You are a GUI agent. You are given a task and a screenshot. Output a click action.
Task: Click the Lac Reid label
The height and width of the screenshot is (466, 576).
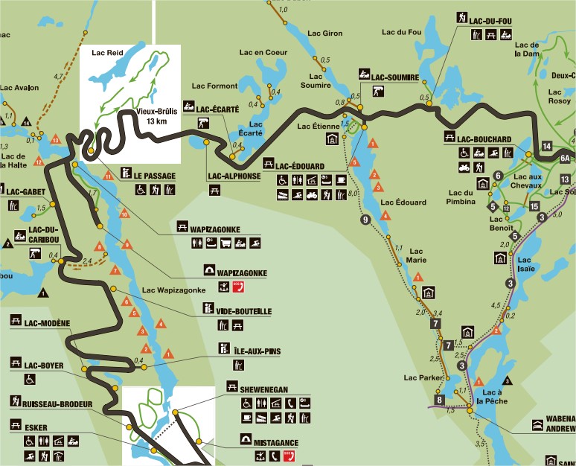tap(106, 53)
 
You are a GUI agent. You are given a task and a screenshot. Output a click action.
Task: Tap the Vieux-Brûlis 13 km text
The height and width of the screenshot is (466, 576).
tap(152, 116)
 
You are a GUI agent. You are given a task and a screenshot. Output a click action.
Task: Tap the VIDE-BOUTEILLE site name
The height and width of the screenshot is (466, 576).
tap(244, 311)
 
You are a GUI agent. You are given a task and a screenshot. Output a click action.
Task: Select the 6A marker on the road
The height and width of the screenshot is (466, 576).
tap(566, 158)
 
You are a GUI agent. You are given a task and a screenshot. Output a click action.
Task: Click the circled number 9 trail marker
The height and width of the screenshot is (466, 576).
tap(365, 220)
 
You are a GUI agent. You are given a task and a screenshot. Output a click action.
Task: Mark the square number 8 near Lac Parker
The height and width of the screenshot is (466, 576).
tap(440, 400)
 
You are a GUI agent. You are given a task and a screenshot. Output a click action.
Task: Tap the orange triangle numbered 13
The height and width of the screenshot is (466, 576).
tap(55, 139)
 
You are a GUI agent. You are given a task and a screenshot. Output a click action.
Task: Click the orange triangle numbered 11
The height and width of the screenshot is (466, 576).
tap(108, 176)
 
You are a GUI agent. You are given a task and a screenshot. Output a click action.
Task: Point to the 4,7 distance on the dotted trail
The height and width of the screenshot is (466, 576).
tap(58, 76)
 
